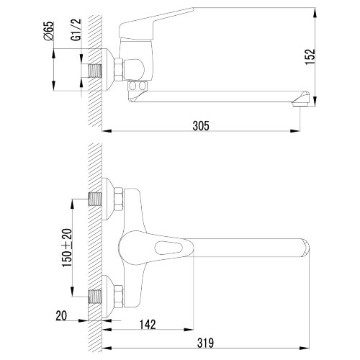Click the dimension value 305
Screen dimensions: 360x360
click(x=200, y=125)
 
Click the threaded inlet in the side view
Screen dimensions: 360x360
click(x=96, y=69)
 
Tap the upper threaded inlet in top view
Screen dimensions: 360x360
click(x=96, y=198)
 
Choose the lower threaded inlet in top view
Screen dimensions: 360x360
click(x=96, y=295)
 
